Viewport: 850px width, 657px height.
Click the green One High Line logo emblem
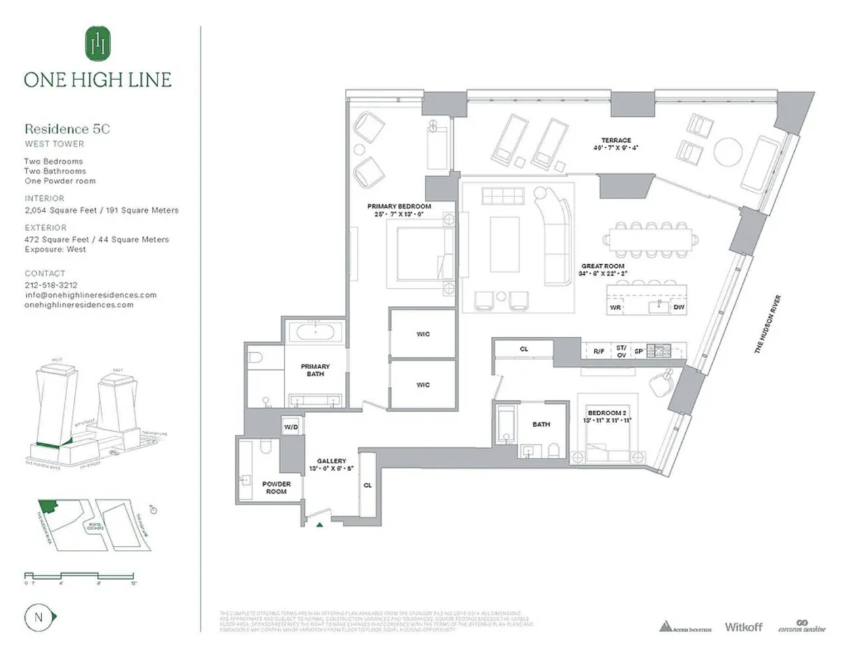98,43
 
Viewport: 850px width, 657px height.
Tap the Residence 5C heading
67,129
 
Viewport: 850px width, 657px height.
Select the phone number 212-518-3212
51,285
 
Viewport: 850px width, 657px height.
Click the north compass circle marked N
38,617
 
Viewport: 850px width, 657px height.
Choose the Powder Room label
276,487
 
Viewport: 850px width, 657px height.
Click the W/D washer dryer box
291,427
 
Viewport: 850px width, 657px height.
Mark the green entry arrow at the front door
319,524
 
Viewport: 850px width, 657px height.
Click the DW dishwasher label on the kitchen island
679,307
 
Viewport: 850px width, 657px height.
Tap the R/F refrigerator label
598,351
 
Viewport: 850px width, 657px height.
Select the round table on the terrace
728,152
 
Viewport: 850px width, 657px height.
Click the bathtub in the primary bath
315,331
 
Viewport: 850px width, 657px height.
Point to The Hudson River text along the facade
767,325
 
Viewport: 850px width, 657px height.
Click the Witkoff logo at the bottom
743,627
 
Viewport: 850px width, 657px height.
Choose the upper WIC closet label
423,334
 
